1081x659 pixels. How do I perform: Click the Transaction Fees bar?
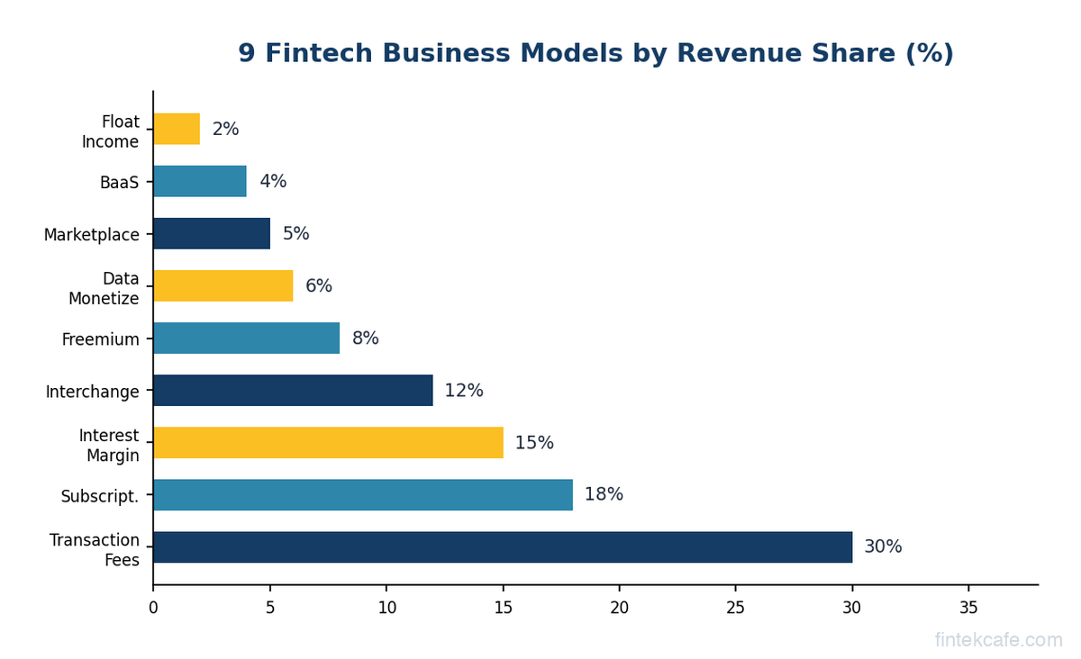tap(502, 547)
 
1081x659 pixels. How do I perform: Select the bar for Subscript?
tap(362, 495)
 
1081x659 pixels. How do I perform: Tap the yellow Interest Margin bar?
tap(328, 443)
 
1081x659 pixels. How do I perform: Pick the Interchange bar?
tap(293, 391)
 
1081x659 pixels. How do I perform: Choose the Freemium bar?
tap(246, 339)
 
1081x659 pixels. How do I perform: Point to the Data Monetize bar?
tap(223, 286)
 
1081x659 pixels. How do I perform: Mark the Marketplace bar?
tap(211, 234)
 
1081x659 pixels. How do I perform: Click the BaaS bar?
tap(199, 182)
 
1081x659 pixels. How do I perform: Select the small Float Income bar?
tap(177, 130)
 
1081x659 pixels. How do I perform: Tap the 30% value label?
tap(883, 547)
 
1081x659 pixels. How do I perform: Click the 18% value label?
tap(604, 495)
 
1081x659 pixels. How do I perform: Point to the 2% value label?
tap(225, 130)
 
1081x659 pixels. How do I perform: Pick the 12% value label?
tap(464, 391)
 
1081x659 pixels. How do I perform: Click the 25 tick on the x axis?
tap(735, 608)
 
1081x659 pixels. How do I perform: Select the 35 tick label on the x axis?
tap(968, 608)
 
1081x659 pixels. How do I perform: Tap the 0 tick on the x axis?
tap(153, 608)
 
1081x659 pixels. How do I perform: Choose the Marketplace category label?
tap(92, 235)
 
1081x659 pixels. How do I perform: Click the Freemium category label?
tap(100, 339)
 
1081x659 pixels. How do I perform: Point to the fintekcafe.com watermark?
tap(998, 640)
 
